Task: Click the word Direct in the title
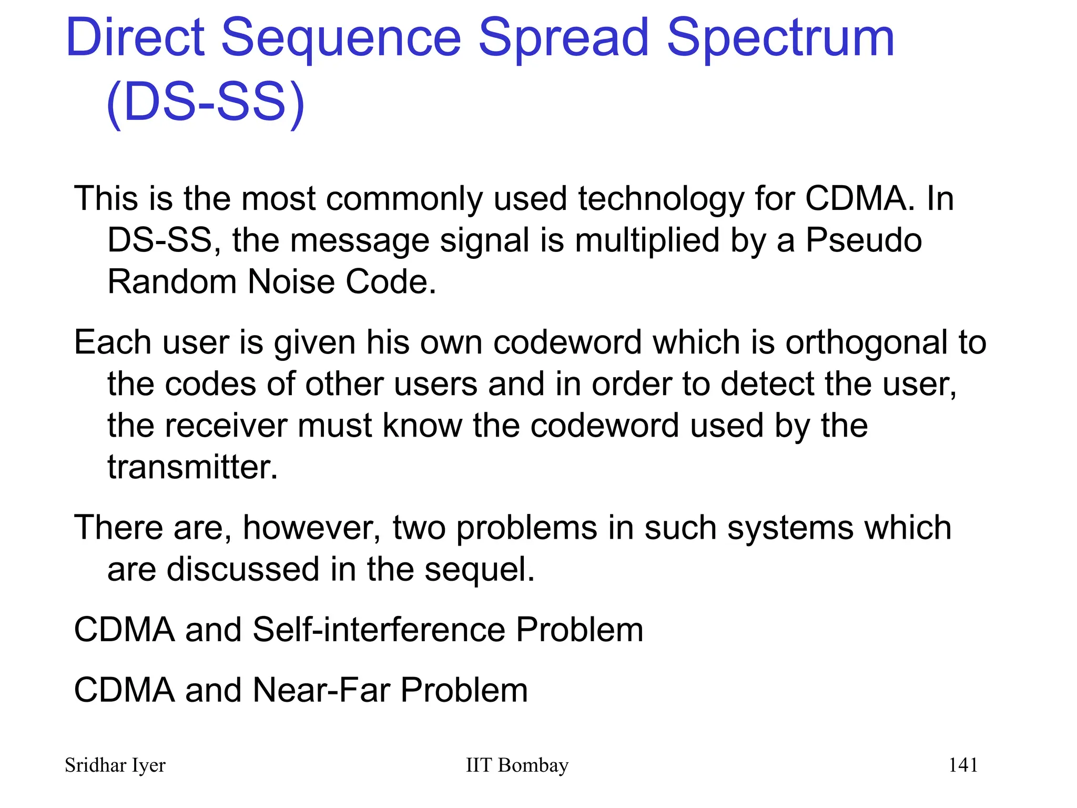135,38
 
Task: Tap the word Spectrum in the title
780,38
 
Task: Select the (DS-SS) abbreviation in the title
205,102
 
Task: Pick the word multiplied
647,241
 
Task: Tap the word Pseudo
863,241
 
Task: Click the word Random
172,282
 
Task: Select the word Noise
291,282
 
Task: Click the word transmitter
192,467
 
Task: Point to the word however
311,528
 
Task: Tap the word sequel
479,570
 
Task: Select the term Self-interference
378,630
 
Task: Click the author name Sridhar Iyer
115,765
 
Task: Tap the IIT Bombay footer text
517,765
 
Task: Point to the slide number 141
963,765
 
